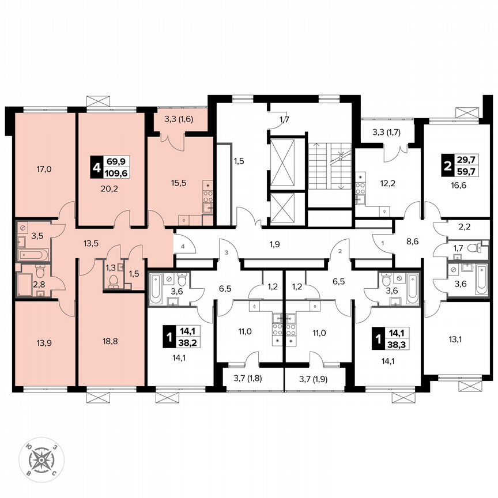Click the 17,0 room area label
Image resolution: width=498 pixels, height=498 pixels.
coord(45,169)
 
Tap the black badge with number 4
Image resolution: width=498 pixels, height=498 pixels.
coord(96,169)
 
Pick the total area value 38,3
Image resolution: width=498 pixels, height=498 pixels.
coord(395,341)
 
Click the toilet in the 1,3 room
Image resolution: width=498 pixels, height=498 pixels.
coord(114,281)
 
